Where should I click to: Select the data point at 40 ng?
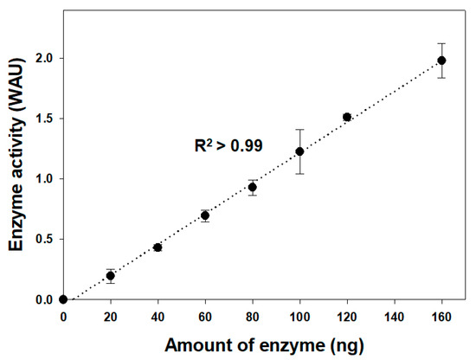coord(158,247)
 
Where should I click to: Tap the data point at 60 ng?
coord(205,215)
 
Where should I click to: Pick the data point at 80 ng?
coord(253,187)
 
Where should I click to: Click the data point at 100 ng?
coord(299,151)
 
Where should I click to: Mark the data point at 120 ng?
coord(347,117)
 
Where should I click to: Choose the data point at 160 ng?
coord(441,60)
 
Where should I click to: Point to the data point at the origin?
coord(63,299)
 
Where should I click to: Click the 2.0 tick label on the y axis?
coord(43,58)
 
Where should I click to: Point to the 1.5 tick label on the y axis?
coord(43,119)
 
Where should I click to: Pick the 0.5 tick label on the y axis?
coord(43,240)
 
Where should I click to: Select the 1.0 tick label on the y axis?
coord(43,179)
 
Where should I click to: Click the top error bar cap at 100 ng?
coord(299,130)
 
